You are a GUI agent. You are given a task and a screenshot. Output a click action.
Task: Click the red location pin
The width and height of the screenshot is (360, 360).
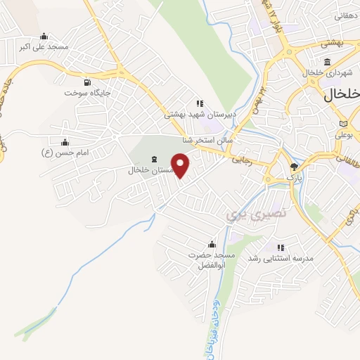click(181, 165)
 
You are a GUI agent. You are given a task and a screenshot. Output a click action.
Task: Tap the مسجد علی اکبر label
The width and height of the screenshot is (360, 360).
click(44, 46)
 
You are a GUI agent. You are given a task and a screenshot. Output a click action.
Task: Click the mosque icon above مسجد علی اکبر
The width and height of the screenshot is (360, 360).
click(44, 37)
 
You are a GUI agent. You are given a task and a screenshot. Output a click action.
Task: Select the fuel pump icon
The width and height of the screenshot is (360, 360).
click(87, 82)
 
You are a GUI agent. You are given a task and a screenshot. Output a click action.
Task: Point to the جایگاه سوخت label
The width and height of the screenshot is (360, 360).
click(88, 93)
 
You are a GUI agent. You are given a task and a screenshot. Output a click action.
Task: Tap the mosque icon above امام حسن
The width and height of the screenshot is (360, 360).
click(65, 142)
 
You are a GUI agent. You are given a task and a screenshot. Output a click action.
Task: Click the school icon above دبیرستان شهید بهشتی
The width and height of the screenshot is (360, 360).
click(200, 103)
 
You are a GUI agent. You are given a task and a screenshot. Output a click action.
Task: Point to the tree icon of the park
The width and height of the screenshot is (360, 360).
click(294, 167)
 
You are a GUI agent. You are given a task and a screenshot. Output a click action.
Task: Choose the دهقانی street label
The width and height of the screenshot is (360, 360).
click(347, 15)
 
